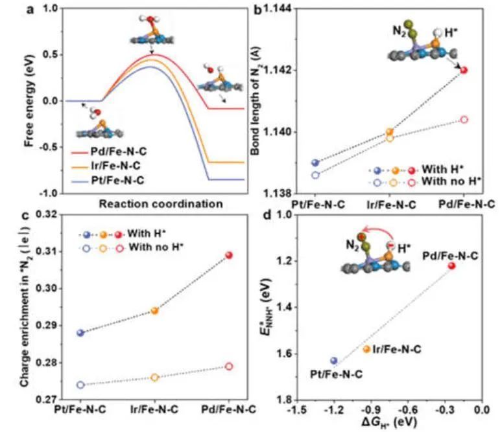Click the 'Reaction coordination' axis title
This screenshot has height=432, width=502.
161,203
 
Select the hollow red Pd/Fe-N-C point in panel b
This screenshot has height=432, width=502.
464,120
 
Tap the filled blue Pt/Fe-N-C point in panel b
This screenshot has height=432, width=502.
315,163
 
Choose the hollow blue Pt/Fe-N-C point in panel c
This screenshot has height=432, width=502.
80,385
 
